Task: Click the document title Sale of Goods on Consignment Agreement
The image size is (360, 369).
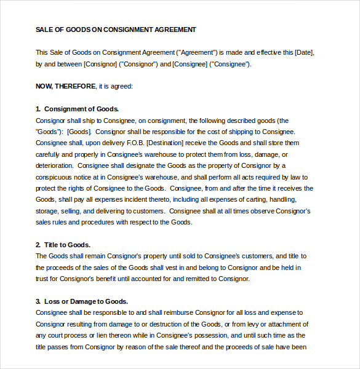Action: tap(116, 30)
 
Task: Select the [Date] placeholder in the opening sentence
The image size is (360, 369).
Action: tap(305, 52)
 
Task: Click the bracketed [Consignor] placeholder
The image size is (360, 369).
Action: tap(100, 64)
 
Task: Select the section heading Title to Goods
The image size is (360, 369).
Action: tap(67, 245)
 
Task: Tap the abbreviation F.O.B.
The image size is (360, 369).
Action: tap(123, 143)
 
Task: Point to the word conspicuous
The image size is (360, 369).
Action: tap(54, 177)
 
